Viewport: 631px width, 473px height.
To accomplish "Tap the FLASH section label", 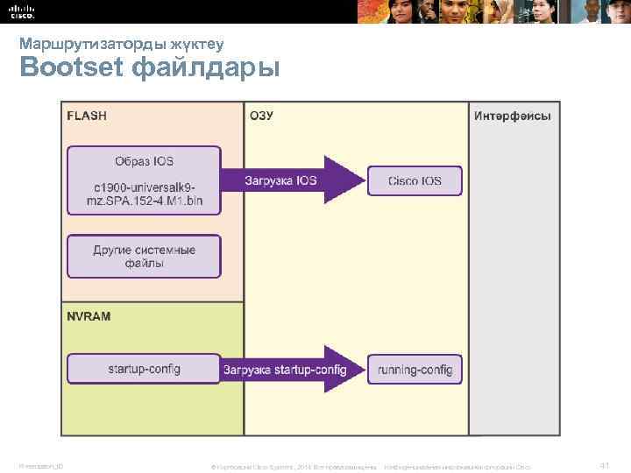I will pos(88,116).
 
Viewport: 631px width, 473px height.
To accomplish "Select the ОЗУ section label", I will pos(262,116).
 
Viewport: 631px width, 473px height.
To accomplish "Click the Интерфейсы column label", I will pos(513,116).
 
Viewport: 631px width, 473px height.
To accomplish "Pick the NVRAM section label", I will pos(89,315).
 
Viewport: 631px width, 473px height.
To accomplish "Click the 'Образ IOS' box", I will pos(145,161).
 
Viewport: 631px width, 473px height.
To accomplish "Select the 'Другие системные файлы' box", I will pos(145,256).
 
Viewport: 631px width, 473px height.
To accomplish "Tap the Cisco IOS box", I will pos(415,181).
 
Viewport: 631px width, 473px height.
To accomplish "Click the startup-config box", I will pos(145,369).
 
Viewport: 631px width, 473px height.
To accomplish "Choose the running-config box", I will pos(415,370).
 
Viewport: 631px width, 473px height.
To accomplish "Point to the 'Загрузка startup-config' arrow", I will pos(289,370).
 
